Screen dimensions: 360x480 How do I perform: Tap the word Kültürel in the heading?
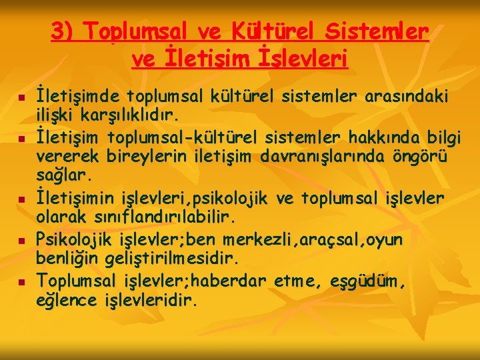pos(266,32)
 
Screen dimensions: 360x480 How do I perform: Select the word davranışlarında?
pos(313,157)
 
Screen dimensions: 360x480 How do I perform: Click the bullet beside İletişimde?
pos(21,99)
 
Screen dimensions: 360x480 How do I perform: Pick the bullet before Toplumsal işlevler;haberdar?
pos(21,282)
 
